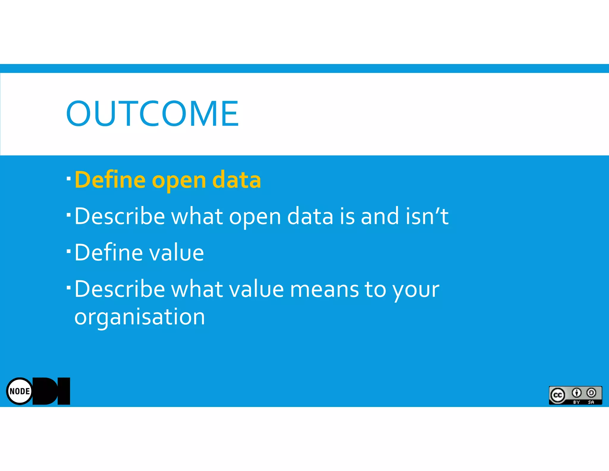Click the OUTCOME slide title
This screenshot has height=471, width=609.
(x=152, y=113)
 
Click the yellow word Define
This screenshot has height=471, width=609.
(x=110, y=180)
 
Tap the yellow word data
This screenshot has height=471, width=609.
(x=237, y=180)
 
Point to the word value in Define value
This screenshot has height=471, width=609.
(x=176, y=252)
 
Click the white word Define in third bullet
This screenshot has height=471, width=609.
(x=109, y=252)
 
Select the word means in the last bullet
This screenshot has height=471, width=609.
(x=324, y=289)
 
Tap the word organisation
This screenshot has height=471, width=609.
(x=140, y=317)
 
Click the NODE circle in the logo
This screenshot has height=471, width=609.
(x=20, y=391)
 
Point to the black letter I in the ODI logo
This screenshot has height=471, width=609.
(x=64, y=391)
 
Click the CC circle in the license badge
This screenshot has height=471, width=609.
(x=558, y=395)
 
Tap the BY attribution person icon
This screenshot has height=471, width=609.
(x=577, y=393)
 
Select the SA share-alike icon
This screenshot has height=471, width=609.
(x=591, y=393)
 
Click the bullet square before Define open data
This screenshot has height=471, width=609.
(x=69, y=179)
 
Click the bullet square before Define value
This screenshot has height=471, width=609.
(x=69, y=251)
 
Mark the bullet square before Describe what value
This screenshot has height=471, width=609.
(x=69, y=288)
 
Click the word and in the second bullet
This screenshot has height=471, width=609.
(x=379, y=216)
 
